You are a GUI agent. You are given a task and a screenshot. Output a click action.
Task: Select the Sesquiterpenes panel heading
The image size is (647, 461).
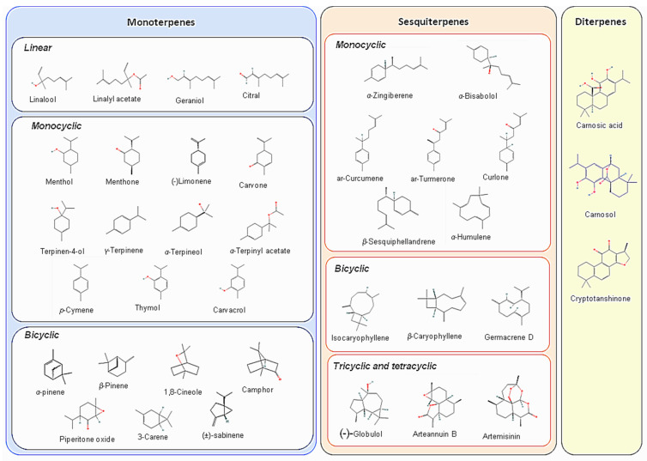tap(438, 21)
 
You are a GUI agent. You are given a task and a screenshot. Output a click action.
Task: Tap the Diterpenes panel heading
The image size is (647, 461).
tap(601, 21)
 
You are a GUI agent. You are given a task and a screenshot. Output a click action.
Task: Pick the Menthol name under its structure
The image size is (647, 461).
tap(61, 182)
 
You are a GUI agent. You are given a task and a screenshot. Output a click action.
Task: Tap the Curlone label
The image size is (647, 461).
tap(496, 177)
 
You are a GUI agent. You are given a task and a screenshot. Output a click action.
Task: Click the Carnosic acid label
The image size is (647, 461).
tap(601, 125)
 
